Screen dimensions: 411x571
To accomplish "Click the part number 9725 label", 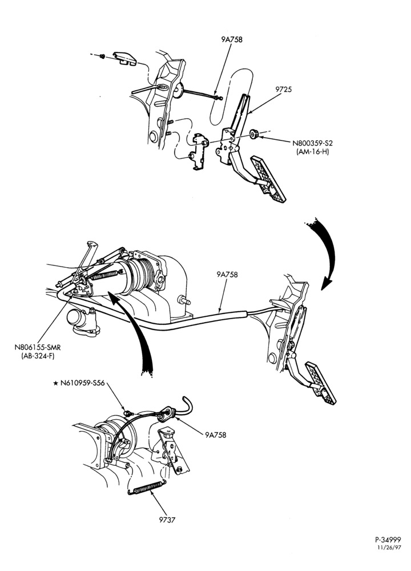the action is click(x=284, y=89).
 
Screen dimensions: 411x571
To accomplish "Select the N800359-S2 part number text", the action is click(x=313, y=143).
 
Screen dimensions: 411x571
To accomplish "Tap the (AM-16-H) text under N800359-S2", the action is click(x=312, y=152).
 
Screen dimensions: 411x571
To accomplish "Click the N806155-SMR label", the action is click(x=38, y=347).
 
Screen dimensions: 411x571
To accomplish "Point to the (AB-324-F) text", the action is click(x=38, y=356).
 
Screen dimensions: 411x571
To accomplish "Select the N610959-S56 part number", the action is click(x=82, y=383).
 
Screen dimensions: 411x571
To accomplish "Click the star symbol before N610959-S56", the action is click(x=56, y=383).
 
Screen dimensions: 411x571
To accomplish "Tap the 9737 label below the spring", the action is click(x=167, y=520).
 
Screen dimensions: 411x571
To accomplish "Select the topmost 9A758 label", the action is click(x=232, y=39).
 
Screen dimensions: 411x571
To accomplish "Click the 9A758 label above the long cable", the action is click(x=227, y=274).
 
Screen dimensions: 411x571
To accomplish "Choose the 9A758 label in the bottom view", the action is click(x=216, y=435).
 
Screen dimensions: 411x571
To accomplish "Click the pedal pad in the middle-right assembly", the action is click(x=320, y=383).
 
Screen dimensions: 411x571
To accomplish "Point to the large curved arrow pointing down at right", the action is click(x=328, y=251).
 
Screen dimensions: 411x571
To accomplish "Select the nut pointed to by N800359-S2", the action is click(x=254, y=134).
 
